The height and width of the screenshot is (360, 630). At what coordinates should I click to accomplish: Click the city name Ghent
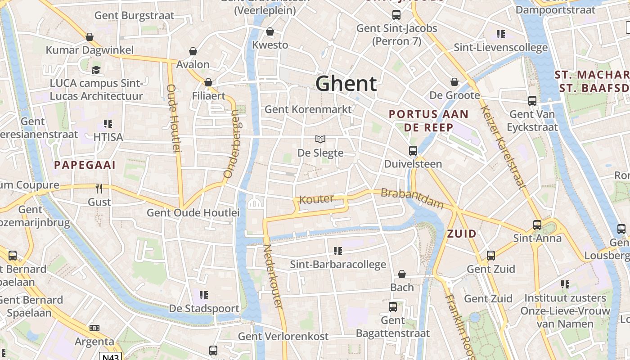[x=346, y=84]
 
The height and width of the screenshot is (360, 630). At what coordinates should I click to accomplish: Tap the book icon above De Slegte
[x=320, y=139]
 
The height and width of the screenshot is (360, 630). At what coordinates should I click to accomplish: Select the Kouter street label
[x=317, y=199]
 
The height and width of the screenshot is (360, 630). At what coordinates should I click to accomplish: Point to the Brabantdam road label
[x=412, y=199]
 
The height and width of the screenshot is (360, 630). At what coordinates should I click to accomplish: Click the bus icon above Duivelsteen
[x=413, y=151]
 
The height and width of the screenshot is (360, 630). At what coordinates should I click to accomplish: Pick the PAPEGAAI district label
[x=85, y=165]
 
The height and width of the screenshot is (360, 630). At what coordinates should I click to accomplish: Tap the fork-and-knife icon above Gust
[x=99, y=188]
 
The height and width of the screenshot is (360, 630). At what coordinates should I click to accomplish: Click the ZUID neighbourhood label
[x=462, y=234]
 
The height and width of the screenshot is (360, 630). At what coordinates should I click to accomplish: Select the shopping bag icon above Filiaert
[x=208, y=82]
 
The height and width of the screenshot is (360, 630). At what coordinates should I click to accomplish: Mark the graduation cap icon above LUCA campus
[x=96, y=70]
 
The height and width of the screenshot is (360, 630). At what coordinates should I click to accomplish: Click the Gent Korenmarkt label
[x=308, y=109]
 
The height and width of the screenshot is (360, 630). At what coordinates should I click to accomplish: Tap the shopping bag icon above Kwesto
[x=270, y=31]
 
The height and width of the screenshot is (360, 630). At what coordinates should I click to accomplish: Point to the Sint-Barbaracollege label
[x=338, y=265]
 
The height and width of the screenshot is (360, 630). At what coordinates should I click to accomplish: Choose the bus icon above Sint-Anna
[x=537, y=225]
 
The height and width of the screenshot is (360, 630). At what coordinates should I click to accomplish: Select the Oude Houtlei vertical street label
[x=174, y=118]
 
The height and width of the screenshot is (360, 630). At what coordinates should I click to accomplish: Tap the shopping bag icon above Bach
[x=402, y=274]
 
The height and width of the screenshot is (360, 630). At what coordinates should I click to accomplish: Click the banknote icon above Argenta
[x=94, y=328]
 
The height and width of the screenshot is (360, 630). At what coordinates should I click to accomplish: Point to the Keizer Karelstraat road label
[x=503, y=147]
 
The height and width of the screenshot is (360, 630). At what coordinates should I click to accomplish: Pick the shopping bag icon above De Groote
[x=454, y=82]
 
